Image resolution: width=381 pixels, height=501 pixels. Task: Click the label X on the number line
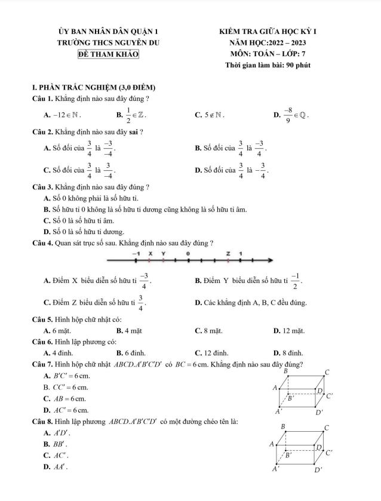[x=150, y=253]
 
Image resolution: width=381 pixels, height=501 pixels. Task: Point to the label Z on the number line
[x=228, y=253]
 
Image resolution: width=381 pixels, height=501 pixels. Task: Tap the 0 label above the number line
[x=188, y=253]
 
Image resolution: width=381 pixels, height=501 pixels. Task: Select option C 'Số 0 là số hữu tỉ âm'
[x=78, y=220]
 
